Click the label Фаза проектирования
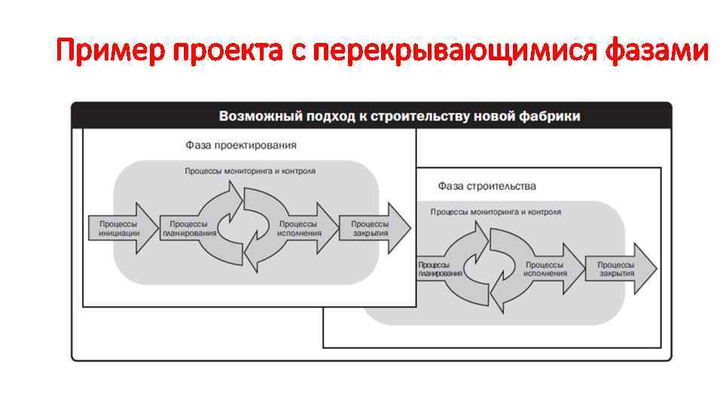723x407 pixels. (241, 145)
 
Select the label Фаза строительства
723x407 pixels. (487, 185)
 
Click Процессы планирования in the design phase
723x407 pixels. (189, 228)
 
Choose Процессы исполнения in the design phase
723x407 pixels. (298, 228)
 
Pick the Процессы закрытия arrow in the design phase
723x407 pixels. (371, 228)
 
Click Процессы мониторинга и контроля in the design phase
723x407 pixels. (250, 171)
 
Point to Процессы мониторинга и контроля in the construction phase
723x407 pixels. (496, 212)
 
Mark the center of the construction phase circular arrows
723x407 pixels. (490, 269)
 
